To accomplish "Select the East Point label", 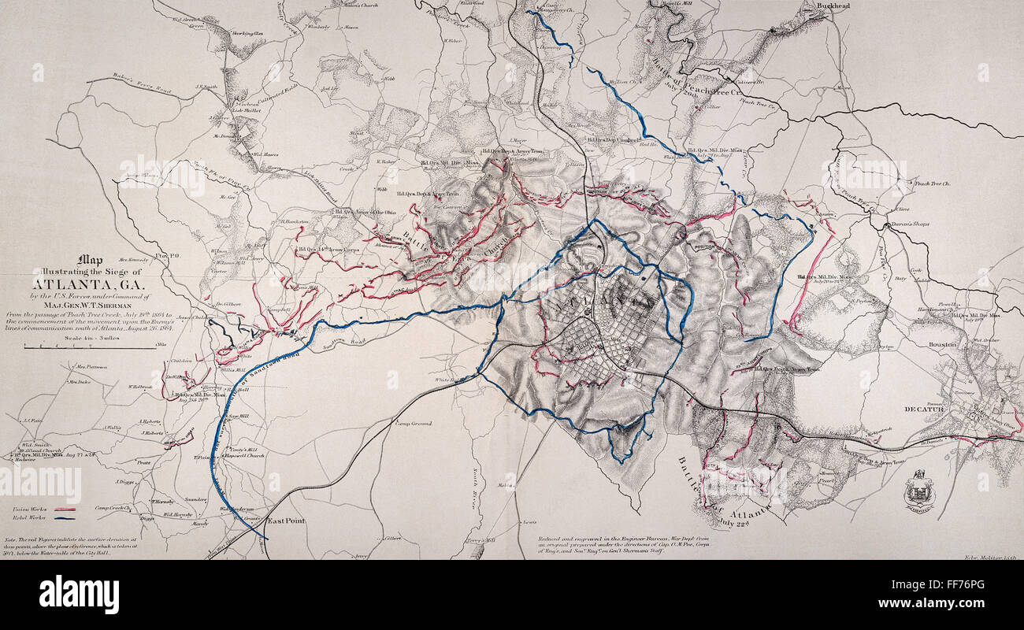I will point(285,521).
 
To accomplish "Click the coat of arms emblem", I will point(919,492).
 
